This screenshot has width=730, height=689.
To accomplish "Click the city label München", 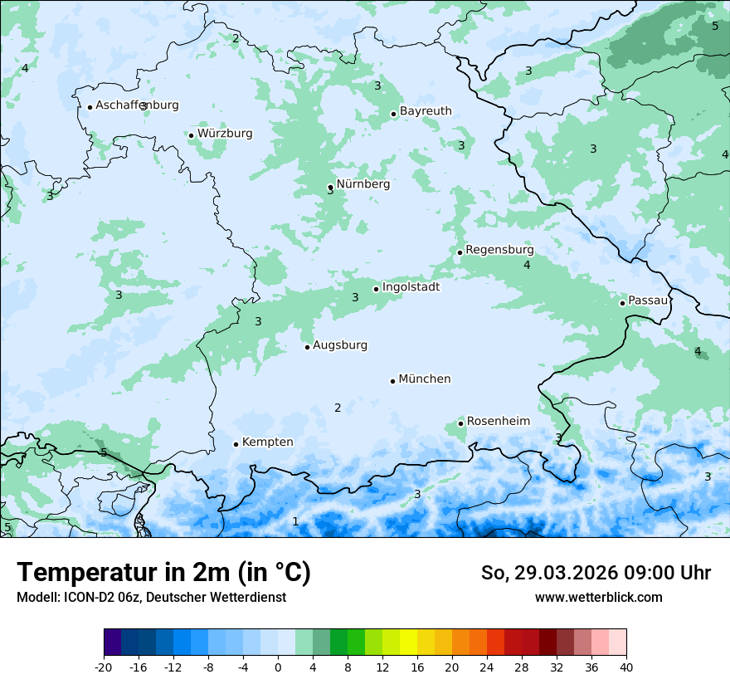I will pos(425,379).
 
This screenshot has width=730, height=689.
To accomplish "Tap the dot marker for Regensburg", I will pos(460,252).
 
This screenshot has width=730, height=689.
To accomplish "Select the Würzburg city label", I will pos(225,134).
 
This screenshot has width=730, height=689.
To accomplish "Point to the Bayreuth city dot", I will pos(393,115).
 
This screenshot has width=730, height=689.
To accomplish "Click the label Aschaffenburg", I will pos(137,105).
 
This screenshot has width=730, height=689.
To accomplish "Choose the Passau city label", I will pos(648,301).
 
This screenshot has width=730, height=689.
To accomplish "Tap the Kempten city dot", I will pos(236,444).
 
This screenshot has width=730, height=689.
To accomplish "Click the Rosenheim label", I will pos(499,422).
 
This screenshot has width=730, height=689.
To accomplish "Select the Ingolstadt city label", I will pos(411,287).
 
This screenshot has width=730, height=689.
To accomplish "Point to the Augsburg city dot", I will pos(307,347).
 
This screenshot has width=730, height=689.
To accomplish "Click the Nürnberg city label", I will pos(363,184).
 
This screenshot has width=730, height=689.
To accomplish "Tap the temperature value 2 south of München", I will pos(338,408).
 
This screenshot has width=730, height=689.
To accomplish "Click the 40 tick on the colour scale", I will pos(626,667).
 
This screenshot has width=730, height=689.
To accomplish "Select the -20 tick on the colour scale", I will pos(104,667).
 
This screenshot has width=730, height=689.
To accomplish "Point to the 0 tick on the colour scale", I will pos(278,667).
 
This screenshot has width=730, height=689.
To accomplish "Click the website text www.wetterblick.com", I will pos(598,598).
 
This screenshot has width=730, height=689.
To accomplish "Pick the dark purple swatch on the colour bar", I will pos(112,643).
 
